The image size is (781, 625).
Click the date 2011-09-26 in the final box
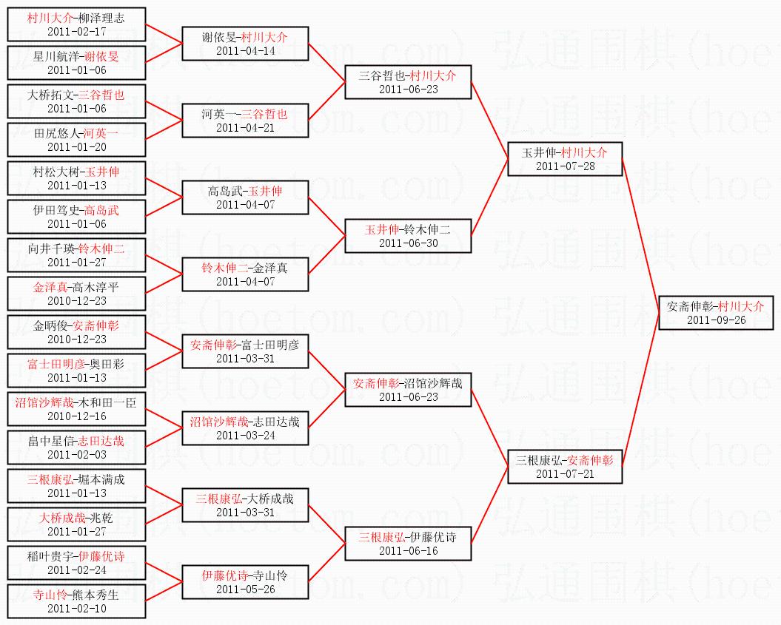click(716, 320)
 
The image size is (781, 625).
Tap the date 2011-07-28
click(565, 166)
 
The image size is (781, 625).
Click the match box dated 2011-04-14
click(245, 44)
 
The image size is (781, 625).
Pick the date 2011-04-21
click(245, 127)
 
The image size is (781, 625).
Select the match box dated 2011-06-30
click(408, 236)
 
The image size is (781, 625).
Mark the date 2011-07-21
click(565, 473)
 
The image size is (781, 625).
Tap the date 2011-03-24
click(245, 435)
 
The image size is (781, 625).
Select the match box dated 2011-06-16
click(408, 544)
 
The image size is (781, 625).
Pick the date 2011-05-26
click(245, 589)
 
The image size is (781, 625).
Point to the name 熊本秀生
click(95, 595)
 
